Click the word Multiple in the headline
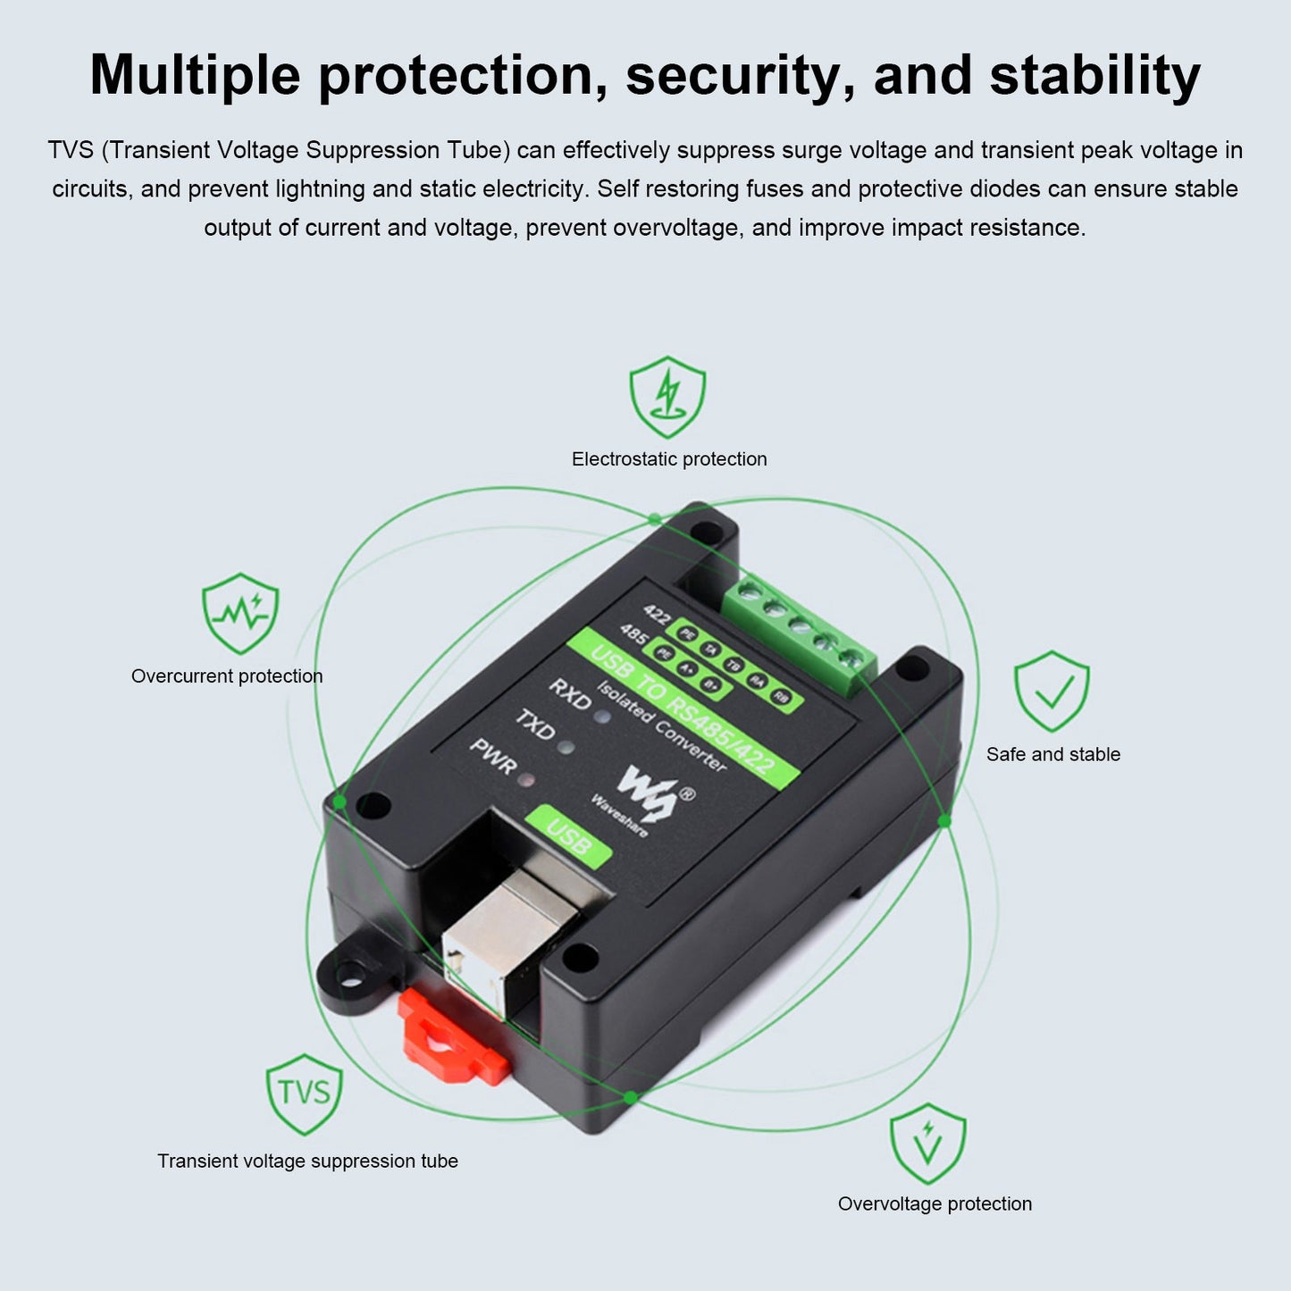195,76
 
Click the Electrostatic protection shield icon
667,397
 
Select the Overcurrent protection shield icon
239,613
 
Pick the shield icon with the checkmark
1052,691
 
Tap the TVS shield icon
304,1093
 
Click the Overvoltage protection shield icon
927,1144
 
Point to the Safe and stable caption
1052,754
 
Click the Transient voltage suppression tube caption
307,1161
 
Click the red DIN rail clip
451,1041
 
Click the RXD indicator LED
603,716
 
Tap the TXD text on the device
534,725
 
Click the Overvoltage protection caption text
935,1203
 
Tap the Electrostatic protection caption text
669,459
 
